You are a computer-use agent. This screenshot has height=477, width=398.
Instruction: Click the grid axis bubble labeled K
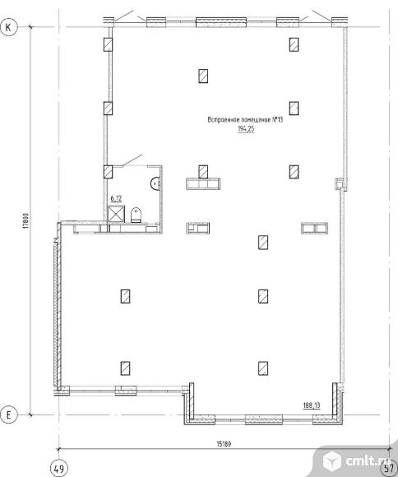click(8, 27)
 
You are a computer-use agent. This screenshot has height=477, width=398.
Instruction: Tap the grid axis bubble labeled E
click(8, 414)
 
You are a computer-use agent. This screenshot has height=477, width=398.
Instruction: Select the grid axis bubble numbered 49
click(58, 468)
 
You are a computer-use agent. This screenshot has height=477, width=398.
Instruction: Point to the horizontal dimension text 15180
click(224, 444)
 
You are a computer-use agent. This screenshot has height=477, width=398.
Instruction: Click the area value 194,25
click(246, 129)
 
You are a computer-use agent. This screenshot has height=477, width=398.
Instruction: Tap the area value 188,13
click(312, 405)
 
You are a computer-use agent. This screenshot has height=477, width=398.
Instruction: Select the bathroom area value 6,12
click(116, 199)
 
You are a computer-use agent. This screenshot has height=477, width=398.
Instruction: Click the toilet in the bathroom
click(136, 215)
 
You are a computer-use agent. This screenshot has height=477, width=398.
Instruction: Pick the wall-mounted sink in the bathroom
click(155, 183)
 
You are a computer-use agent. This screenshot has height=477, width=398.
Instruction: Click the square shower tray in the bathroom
click(116, 214)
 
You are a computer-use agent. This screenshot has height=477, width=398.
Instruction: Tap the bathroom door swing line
click(132, 160)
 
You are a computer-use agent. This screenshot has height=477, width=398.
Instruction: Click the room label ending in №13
click(245, 119)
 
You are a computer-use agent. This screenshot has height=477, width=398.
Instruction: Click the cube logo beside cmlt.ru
click(331, 461)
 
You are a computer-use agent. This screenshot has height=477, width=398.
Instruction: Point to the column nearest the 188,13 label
click(263, 368)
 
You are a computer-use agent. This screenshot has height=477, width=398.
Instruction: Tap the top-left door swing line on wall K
click(123, 16)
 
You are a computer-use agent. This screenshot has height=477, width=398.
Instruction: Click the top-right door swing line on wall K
click(322, 16)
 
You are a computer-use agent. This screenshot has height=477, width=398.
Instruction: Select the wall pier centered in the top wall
click(221, 22)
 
